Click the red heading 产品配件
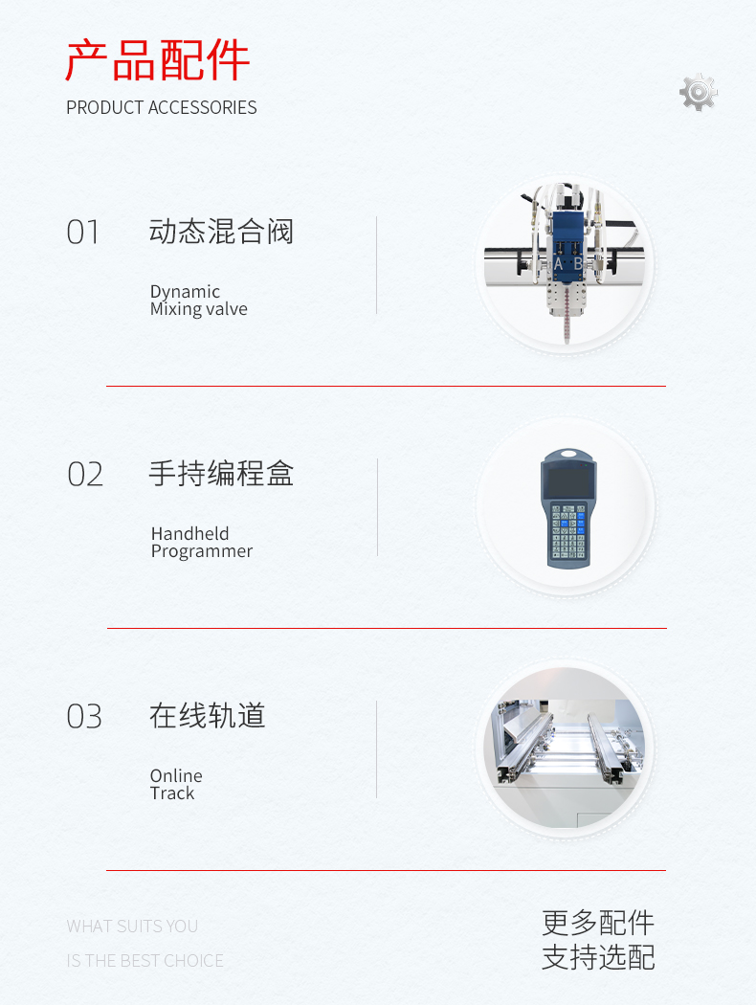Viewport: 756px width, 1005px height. coord(157,60)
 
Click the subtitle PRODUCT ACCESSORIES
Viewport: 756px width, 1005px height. coord(162,107)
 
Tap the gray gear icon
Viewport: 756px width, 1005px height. coord(699,92)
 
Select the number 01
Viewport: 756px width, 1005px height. coord(82,232)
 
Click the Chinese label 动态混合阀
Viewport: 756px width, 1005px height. coord(221,232)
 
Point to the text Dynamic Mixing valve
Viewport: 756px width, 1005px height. coord(199,300)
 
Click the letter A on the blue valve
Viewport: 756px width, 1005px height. coord(558,264)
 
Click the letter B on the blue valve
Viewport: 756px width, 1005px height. coord(578,264)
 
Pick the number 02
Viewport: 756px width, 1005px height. coord(84,475)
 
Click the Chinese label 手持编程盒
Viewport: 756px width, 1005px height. coord(221,474)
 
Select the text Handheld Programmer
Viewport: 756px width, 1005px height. coord(202,543)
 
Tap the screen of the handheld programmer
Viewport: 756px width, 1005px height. coord(568,480)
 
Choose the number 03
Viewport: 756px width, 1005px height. coord(84,717)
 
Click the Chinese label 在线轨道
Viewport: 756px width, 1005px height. coord(207,716)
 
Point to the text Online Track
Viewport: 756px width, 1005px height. coord(176,785)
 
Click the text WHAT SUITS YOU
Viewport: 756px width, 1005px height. coord(132,927)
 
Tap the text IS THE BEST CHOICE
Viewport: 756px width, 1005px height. coord(145,961)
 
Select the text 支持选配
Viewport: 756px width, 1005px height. coord(598,957)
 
